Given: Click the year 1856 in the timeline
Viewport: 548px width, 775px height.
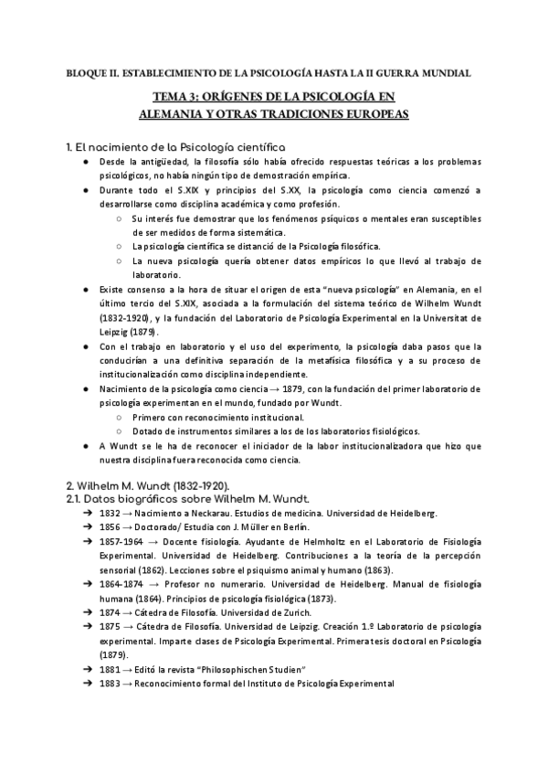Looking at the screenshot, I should [111, 528].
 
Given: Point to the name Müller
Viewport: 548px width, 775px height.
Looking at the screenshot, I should [270, 528].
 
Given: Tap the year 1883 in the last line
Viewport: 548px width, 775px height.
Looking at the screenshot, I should [111, 683].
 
